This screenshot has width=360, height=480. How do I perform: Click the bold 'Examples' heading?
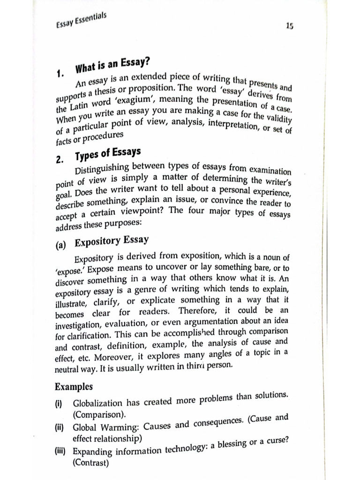[x=74, y=387]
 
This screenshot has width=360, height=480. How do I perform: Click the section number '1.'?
[x=60, y=73]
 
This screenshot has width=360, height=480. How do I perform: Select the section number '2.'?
[x=59, y=159]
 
